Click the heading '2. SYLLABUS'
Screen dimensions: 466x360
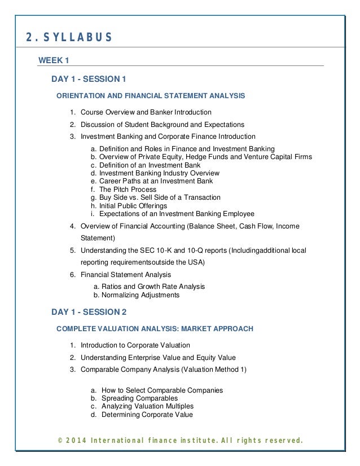pos(69,38)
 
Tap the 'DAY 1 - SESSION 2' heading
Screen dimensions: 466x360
pos(89,311)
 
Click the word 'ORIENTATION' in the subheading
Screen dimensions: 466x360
pos(81,96)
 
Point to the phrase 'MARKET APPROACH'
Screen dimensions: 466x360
pos(224,328)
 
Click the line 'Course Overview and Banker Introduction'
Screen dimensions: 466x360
pos(146,112)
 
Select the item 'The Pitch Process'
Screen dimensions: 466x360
pos(128,190)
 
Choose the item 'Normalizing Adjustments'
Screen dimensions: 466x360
pos(140,295)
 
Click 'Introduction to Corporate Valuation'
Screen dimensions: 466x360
pos(135,345)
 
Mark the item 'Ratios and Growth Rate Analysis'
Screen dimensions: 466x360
pos(153,287)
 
